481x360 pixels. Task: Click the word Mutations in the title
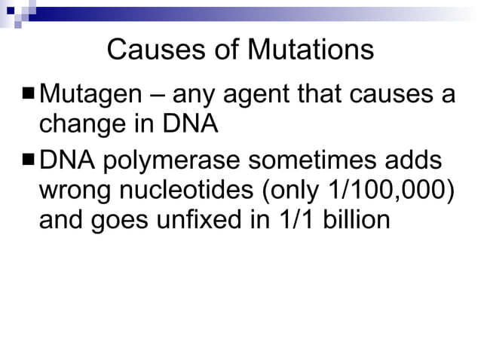tap(311, 50)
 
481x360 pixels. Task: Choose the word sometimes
tap(322, 161)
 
